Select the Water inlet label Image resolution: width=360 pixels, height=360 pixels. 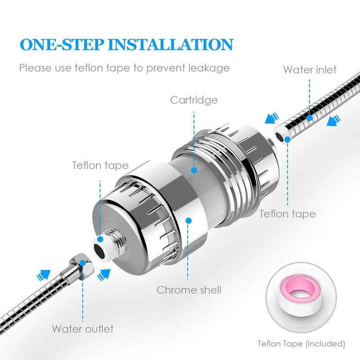pos(310,70)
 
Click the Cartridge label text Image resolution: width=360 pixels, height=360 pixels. pos(193,99)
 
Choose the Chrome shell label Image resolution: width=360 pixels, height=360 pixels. pos(189,290)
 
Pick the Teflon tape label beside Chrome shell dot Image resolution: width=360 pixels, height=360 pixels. pos(100,165)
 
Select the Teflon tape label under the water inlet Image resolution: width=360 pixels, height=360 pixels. pos(287,213)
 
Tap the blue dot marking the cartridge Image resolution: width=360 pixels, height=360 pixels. pos(194,170)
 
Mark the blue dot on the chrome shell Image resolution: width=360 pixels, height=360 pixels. pos(189,220)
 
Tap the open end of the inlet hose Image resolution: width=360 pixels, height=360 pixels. pos(279,133)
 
